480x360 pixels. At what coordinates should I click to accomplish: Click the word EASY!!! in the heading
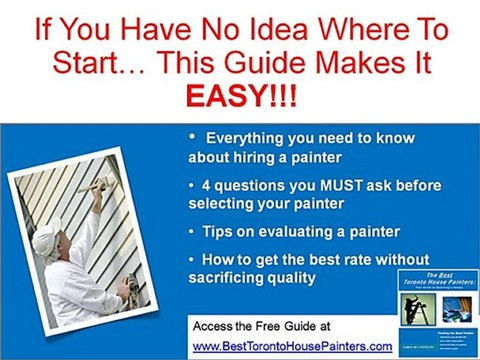tap(239, 96)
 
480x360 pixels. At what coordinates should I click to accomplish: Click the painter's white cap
tap(48, 239)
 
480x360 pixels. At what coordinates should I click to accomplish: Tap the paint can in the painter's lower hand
tap(127, 289)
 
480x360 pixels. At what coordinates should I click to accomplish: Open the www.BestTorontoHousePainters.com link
tap(288, 345)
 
